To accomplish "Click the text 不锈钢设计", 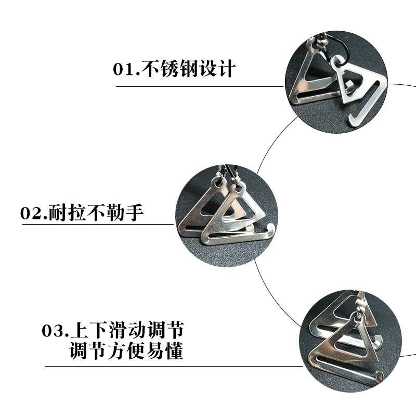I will click(x=189, y=69).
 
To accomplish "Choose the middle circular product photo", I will click(x=227, y=215).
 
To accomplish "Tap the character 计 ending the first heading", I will click(x=227, y=69).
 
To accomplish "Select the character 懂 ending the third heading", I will click(x=175, y=352).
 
